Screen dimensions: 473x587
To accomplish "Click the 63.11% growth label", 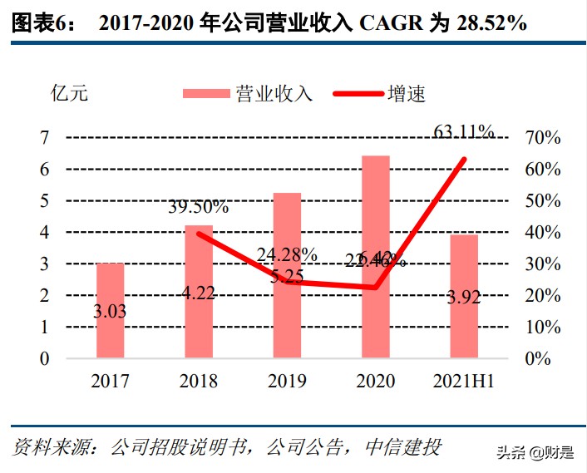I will pyautogui.click(x=464, y=131).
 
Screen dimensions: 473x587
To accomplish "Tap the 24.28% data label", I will pyautogui.click(x=286, y=254).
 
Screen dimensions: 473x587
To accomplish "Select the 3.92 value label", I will pyautogui.click(x=463, y=298).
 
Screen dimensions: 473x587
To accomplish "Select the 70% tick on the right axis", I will pyautogui.click(x=542, y=138).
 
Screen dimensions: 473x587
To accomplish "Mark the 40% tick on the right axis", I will pyautogui.click(x=542, y=233).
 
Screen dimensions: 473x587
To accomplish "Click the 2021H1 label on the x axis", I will pyautogui.click(x=464, y=382).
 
